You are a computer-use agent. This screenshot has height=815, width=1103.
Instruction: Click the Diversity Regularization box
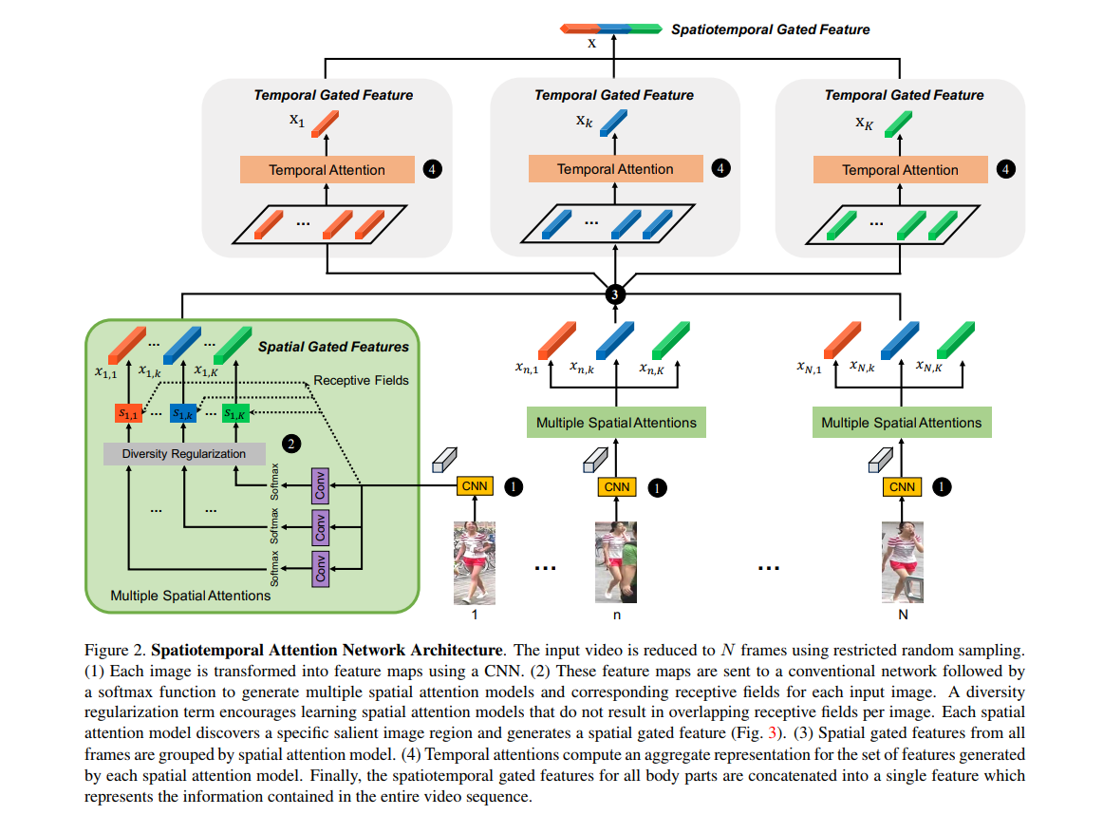183,454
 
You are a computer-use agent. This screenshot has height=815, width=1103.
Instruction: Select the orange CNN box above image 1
475,486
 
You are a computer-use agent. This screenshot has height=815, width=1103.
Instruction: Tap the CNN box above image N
902,487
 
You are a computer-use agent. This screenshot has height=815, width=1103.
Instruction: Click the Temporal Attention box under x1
327,170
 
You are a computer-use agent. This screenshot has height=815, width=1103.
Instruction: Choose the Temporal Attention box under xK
900,170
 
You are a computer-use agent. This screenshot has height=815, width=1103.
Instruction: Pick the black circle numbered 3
615,294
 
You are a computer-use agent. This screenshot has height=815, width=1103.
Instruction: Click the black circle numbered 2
290,444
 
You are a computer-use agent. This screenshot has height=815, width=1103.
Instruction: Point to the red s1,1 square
127,413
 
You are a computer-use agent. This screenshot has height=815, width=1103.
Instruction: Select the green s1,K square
234,413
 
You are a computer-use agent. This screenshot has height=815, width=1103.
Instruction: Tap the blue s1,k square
181,413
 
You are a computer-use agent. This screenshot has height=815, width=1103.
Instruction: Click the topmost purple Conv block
321,486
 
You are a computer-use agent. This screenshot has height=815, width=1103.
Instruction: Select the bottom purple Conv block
321,567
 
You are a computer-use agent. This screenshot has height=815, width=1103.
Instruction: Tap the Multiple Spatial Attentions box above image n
616,423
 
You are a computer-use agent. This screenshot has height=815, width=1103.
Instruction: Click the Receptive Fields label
361,380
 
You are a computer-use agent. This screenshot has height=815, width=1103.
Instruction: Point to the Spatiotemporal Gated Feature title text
770,29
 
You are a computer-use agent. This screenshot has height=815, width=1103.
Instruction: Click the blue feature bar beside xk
614,123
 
